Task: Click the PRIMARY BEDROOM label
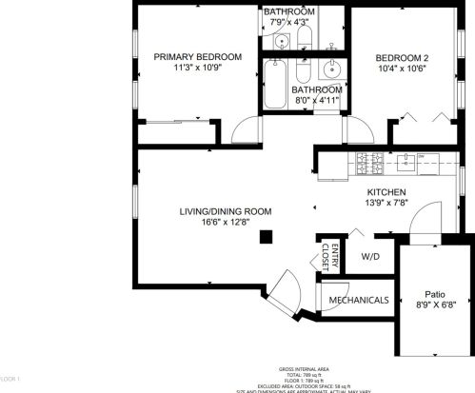tap(197, 57)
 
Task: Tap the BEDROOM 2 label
tap(401, 58)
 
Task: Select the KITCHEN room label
tap(387, 191)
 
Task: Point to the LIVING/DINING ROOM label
tap(225, 211)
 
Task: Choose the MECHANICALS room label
tap(358, 301)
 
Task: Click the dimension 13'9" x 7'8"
tap(387, 204)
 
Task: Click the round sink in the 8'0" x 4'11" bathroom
tap(332, 69)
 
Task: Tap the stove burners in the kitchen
tap(366, 159)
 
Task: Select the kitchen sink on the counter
tap(406, 160)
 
